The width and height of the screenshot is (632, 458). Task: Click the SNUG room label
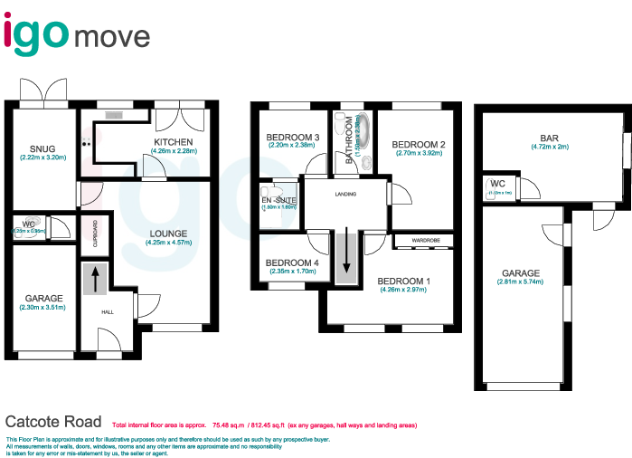coord(42,148)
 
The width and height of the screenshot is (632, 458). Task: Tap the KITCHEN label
coord(172,142)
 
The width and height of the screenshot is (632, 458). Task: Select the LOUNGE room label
coord(169,233)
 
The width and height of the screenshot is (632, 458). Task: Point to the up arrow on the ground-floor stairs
coord(91,279)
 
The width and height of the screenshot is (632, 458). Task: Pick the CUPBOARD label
coord(92,234)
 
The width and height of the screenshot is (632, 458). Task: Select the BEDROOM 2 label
coord(418,145)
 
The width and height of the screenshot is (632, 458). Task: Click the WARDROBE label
coord(424,241)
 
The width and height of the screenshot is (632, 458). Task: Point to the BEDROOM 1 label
coord(404,281)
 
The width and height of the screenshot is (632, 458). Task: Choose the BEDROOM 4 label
coord(290,263)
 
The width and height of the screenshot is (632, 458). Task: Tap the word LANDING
coord(345,195)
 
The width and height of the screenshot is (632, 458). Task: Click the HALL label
coord(107,312)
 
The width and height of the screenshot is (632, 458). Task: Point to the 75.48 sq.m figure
coord(228,424)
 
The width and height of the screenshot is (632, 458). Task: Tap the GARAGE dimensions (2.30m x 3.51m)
coord(42,308)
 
